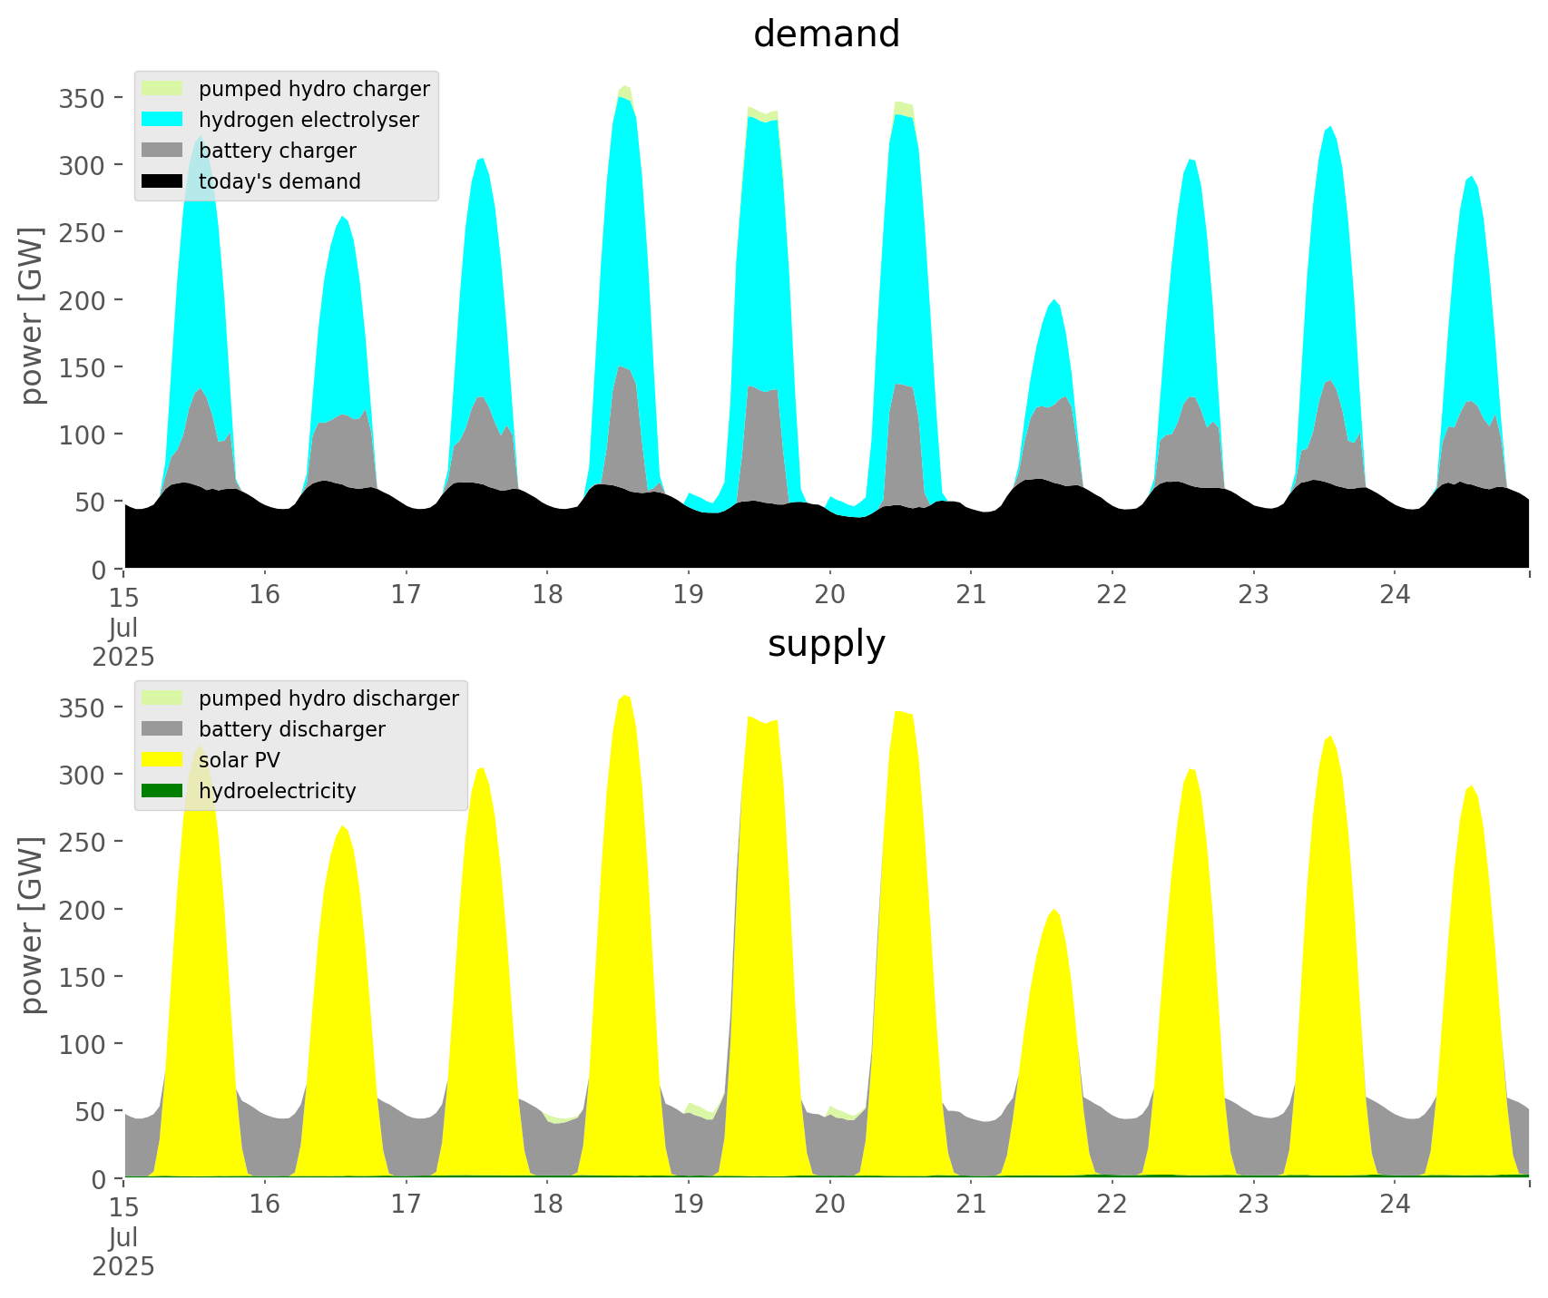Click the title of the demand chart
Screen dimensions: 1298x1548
coord(826,34)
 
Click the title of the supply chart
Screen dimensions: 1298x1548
coord(826,644)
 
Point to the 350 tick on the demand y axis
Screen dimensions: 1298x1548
coord(83,98)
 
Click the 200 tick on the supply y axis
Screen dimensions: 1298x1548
coord(83,910)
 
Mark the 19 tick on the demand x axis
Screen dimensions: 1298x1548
coord(689,595)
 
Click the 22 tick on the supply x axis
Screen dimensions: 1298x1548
coord(1112,1205)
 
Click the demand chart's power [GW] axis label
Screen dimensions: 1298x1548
coord(32,316)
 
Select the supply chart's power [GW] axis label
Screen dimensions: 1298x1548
coord(32,925)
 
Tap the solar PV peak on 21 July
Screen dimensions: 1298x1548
coord(1053,911)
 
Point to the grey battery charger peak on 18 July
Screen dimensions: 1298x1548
coord(622,367)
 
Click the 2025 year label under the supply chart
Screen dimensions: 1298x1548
coord(123,1266)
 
